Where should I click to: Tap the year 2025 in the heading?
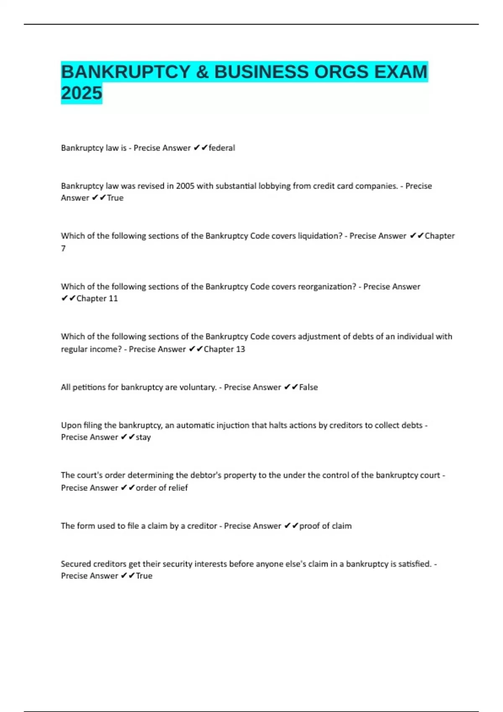coord(81,93)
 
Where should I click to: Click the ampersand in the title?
coord(202,72)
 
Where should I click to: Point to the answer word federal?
coord(222,148)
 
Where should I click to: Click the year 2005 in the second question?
coord(185,186)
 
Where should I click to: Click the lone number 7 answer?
coord(63,248)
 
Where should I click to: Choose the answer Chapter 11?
coord(97,299)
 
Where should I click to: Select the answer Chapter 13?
coord(224,349)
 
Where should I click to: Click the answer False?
coord(309,387)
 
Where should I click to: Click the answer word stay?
coord(143,437)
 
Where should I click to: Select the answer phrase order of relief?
coord(162,488)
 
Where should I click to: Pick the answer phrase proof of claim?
coord(325,526)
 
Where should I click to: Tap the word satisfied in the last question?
coord(415,564)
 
